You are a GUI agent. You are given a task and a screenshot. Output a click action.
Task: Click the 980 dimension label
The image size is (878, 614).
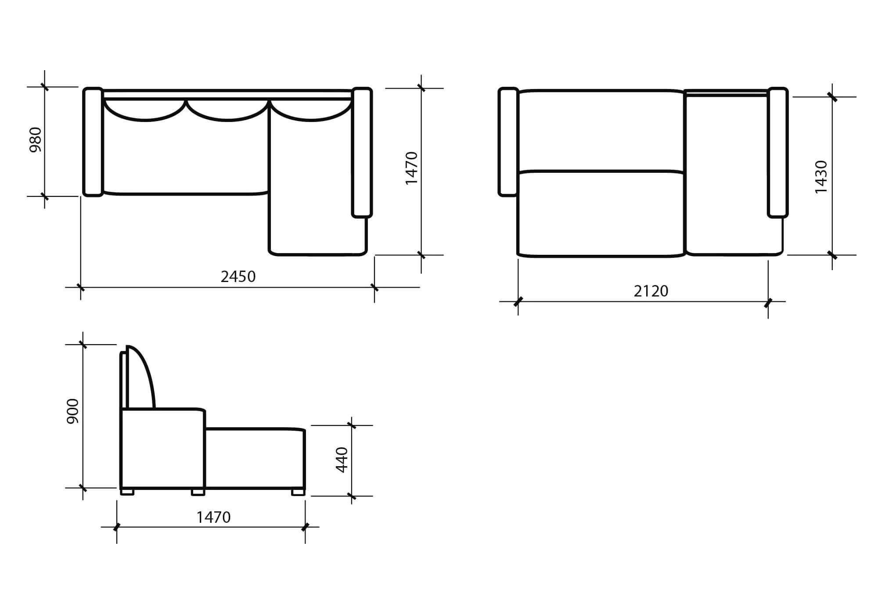point(36,139)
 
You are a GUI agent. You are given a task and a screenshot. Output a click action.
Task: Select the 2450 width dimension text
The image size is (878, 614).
point(238,277)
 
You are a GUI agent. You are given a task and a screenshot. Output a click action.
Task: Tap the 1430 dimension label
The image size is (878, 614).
point(820,177)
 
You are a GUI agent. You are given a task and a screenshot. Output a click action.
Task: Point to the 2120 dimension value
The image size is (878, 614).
point(651,291)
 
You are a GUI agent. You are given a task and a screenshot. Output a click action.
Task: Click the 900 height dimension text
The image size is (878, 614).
point(72,411)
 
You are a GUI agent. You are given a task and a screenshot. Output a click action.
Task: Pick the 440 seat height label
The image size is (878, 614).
point(342,460)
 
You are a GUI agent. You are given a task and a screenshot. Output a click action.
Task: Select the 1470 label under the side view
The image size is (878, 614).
point(213,518)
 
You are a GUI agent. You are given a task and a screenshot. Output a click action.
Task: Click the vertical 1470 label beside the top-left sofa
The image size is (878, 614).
point(411,168)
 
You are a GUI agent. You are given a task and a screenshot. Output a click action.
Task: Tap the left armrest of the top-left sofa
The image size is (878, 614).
point(93,142)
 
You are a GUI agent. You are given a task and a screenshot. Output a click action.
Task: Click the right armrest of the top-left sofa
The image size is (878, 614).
point(362,152)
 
